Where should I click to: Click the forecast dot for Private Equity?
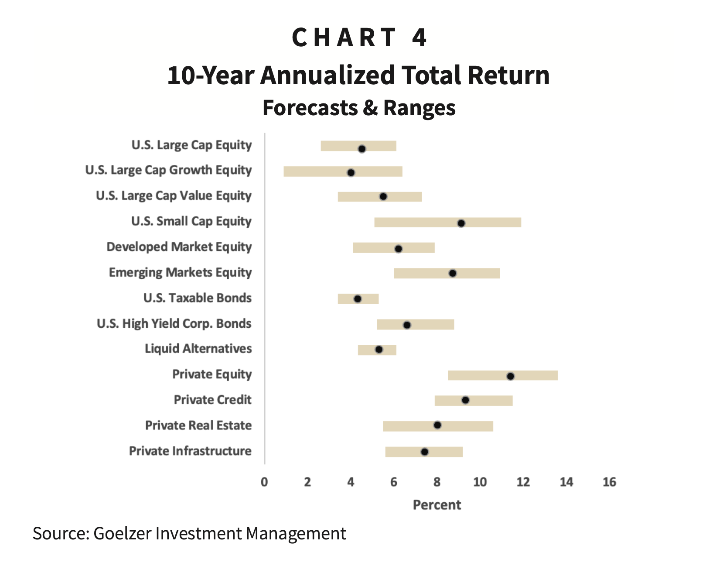coord(510,376)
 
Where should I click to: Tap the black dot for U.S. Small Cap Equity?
coord(461,223)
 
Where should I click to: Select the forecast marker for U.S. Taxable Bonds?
coord(358,299)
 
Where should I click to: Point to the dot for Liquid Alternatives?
coord(379,350)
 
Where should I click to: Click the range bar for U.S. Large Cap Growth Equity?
coord(314,172)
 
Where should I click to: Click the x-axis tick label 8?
coord(437,482)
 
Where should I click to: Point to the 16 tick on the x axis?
coord(609,482)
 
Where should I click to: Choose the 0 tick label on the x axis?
coord(264,482)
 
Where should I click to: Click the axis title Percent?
coord(437,505)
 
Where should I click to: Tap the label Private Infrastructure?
coord(190,451)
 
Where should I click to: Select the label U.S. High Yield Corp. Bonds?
coord(174,323)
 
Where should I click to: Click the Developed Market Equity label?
coord(179,247)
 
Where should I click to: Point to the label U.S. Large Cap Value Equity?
coord(174,196)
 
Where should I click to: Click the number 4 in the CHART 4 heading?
coord(419,38)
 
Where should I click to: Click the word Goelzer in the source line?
coord(122,534)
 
